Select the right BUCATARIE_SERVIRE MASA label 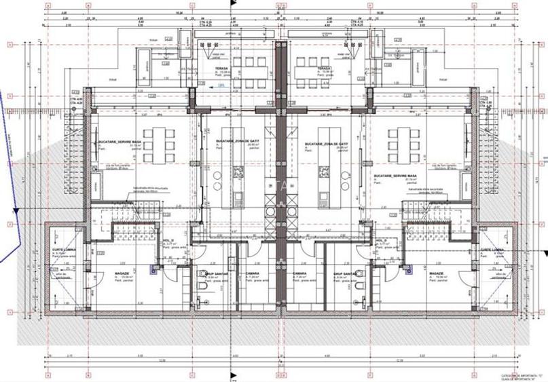pyautogui.click(x=399, y=175)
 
